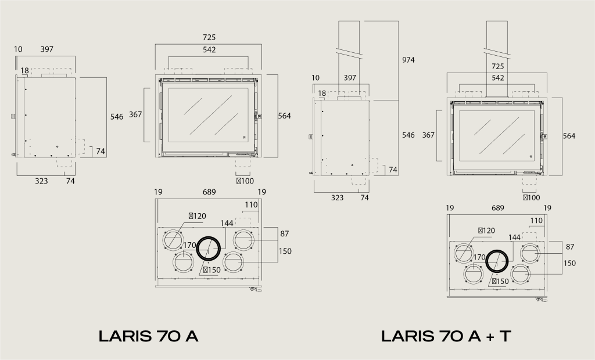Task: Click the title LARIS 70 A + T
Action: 446,336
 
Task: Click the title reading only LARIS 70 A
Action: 148,336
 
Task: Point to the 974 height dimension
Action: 408,60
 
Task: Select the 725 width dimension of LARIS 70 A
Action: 209,37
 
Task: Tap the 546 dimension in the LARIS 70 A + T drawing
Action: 408,135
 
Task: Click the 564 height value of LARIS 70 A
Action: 284,116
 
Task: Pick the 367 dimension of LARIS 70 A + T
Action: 428,135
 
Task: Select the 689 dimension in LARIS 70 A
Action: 209,192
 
